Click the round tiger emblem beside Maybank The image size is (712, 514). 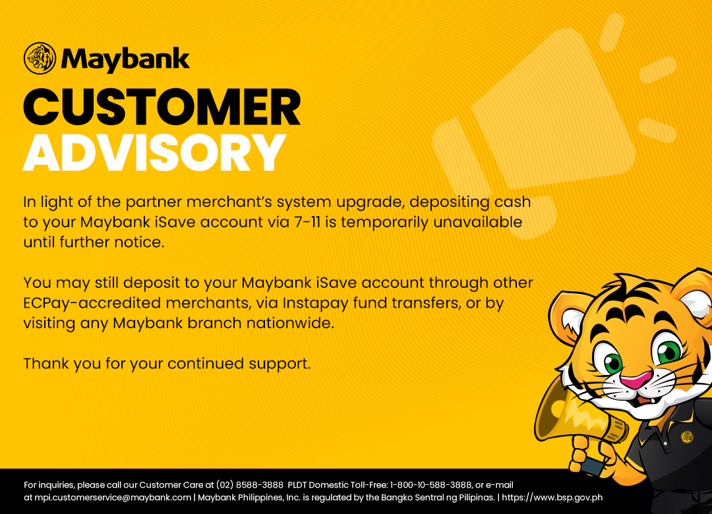40,58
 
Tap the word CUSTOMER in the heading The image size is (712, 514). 162,107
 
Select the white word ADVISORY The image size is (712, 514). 155,153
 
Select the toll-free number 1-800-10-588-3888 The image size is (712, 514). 431,485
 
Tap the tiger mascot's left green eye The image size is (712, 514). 612,362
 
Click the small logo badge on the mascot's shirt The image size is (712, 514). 687,437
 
